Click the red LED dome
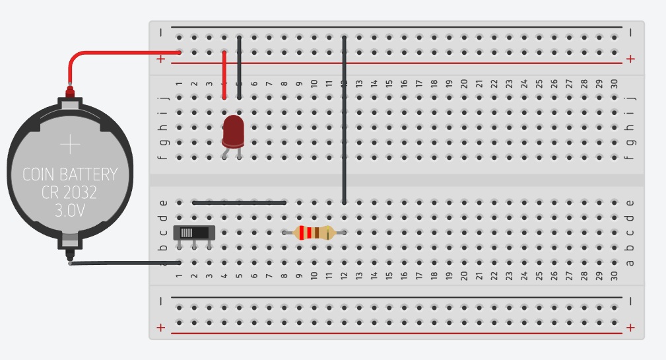point(232,130)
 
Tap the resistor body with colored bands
point(314,233)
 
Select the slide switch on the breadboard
point(194,233)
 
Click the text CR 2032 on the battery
point(70,193)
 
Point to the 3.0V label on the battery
point(70,211)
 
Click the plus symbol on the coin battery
point(70,144)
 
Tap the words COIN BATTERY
point(70,174)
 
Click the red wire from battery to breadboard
point(119,52)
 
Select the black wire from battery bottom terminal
point(125,263)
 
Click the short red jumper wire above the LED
point(224,74)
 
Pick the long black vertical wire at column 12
point(344,119)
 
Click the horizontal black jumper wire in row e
point(239,202)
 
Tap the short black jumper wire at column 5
point(239,66)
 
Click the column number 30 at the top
point(614,84)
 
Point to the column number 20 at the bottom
point(464,275)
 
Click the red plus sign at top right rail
point(630,59)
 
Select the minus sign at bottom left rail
point(161,301)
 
